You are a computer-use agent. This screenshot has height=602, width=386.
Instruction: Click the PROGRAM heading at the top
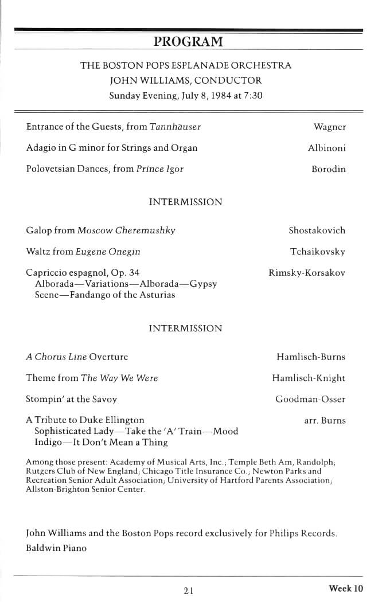(x=188, y=41)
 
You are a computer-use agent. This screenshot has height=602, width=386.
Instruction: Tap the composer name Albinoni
(x=326, y=148)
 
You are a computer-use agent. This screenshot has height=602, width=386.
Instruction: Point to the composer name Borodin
(x=328, y=169)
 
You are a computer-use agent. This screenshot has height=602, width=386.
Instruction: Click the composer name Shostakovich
(x=317, y=230)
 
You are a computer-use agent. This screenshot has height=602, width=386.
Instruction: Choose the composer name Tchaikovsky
(x=318, y=252)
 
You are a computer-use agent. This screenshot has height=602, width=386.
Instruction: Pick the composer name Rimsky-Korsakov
(x=307, y=273)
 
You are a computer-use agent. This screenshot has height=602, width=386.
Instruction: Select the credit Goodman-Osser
(x=310, y=400)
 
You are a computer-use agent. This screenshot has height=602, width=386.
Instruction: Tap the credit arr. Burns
(x=325, y=421)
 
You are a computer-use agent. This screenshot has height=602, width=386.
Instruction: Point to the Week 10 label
(x=346, y=588)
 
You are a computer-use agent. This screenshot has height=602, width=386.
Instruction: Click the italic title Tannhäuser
(x=175, y=127)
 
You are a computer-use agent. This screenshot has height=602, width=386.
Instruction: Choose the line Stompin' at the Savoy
(x=71, y=400)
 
